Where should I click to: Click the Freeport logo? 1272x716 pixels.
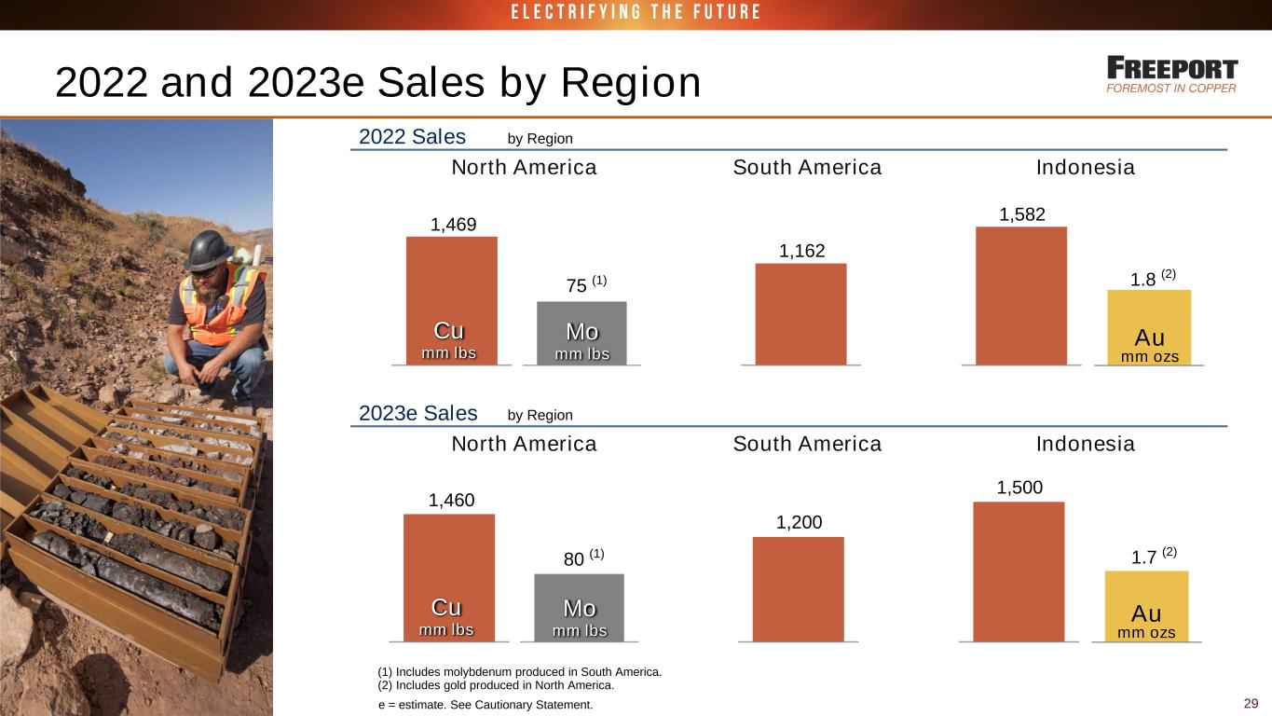click(1172, 75)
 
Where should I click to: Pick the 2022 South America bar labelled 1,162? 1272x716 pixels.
click(800, 313)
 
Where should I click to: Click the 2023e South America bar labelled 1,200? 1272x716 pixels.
click(798, 588)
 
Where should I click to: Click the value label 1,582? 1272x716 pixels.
click(1022, 214)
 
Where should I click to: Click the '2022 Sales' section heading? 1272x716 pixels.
click(412, 137)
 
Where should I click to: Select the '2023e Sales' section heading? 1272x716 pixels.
click(418, 413)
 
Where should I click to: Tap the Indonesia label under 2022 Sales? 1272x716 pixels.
click(1086, 168)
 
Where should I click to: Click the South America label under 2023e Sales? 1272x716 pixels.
click(807, 444)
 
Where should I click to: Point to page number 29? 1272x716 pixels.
click(1251, 703)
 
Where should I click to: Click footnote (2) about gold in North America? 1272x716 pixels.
click(495, 684)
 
